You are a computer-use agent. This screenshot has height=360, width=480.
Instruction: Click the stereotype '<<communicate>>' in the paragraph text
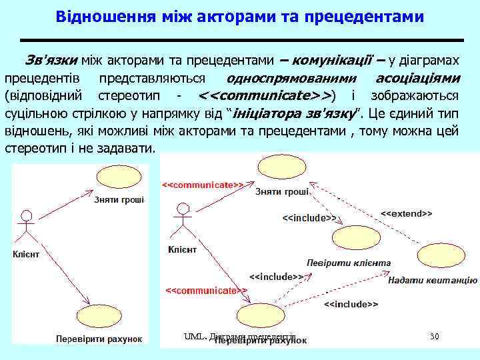pyautogui.click(x=267, y=94)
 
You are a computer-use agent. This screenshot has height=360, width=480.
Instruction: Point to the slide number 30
pyautogui.click(x=434, y=337)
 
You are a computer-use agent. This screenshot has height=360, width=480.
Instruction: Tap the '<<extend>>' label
pyautogui.click(x=406, y=214)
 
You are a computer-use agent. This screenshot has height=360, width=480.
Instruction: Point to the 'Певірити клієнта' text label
pyautogui.click(x=348, y=263)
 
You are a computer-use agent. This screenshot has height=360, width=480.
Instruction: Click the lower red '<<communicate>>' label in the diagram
pyautogui.click(x=206, y=291)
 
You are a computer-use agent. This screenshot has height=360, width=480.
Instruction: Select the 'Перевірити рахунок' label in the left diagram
pyautogui.click(x=99, y=338)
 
